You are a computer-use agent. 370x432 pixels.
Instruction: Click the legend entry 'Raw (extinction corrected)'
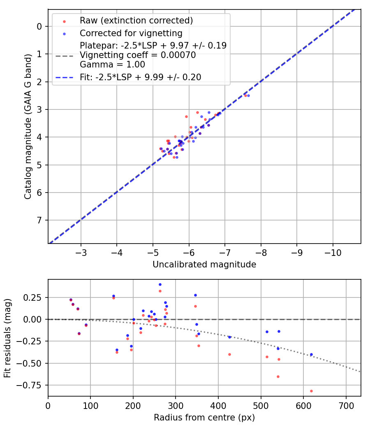tap(136, 21)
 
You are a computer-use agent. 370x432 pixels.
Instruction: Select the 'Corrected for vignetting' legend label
tap(131, 33)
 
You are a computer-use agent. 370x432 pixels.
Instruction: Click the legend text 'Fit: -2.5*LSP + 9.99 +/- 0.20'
tap(141, 77)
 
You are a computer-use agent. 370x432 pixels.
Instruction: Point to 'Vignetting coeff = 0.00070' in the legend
tap(138, 55)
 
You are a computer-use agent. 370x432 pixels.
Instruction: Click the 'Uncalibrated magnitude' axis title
tap(204, 265)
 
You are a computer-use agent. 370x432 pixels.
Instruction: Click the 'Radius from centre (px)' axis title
tap(204, 418)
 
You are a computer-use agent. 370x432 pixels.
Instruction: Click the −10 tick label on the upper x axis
tap(333, 252)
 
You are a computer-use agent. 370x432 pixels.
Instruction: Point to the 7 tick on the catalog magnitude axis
tap(39, 221)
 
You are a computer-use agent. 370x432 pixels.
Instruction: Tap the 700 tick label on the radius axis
tap(346, 405)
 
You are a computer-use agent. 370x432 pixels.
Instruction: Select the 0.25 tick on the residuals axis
tap(35, 297)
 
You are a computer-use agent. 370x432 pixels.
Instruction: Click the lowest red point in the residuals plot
tap(311, 391)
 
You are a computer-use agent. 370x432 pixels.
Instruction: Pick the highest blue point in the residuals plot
tap(160, 284)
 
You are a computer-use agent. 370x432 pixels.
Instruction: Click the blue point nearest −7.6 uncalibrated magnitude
tap(248, 95)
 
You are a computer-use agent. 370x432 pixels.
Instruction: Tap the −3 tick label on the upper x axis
tap(81, 252)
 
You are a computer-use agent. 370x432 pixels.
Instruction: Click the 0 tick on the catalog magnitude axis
tap(39, 26)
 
